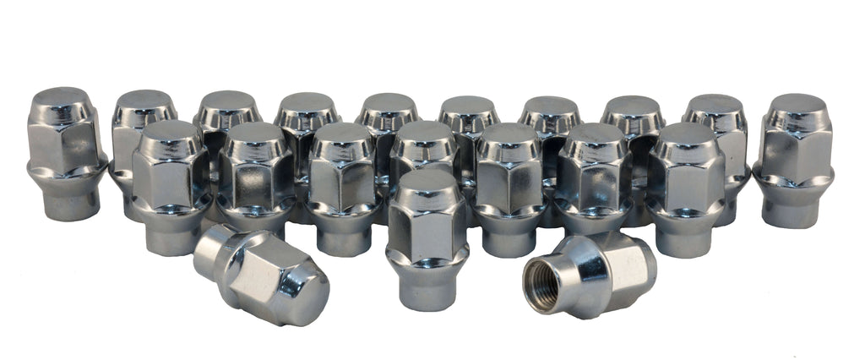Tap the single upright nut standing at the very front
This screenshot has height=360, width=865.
pos(427,237)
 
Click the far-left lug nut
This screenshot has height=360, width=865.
pos(66,152)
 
